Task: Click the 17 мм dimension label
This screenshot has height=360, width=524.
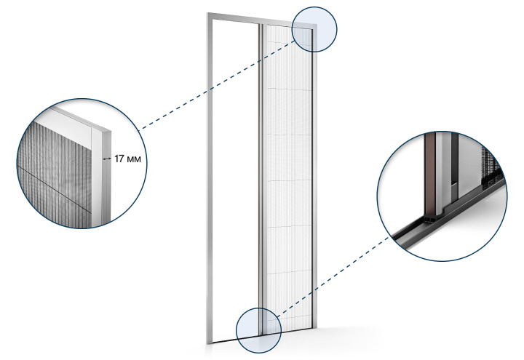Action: point(127,159)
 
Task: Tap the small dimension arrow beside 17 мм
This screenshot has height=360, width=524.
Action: point(106,159)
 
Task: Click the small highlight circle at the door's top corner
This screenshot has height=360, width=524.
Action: point(314,29)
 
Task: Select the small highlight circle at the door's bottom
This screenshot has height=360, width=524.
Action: point(258,330)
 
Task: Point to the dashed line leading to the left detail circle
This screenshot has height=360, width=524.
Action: point(217,84)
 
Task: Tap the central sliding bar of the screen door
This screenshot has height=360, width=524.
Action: point(261,180)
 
